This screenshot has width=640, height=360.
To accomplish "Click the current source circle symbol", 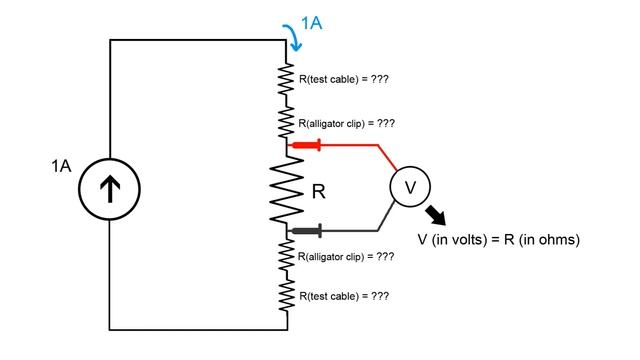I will pos(108,185).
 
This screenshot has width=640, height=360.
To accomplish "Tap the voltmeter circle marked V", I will pos(409,186).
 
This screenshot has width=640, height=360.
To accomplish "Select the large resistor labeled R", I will pos(288,188).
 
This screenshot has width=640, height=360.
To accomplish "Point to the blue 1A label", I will pos(310,22).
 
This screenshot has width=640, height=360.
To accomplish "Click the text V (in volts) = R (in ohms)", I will pos(498,240).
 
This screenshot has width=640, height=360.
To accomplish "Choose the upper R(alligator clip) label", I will pos(346,123).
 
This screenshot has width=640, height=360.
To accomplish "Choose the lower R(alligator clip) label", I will pos(346,257).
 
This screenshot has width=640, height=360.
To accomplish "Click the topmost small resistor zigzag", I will pos(288,77).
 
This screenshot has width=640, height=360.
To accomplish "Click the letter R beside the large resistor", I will pos(319,190).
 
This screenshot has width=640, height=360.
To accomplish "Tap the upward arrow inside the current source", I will pos(108,185).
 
